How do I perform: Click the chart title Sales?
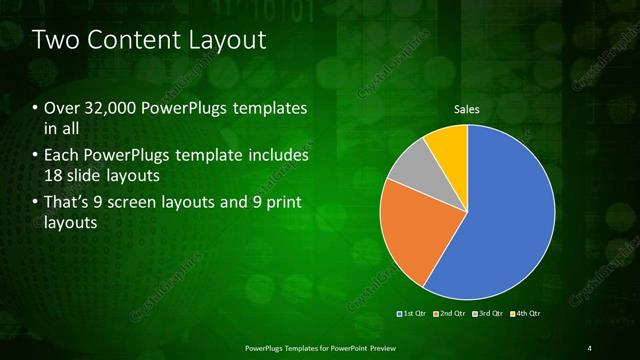[467, 108]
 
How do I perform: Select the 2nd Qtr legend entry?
[451, 314]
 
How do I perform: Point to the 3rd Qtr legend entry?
[489, 314]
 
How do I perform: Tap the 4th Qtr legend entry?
[526, 314]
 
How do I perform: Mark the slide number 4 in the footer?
[590, 346]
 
